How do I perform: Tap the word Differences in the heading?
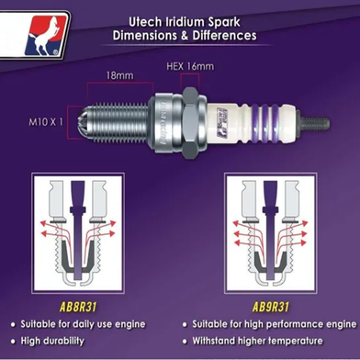(224, 36)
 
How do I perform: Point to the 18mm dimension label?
(119, 75)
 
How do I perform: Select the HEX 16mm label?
(190, 66)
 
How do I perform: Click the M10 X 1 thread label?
(46, 122)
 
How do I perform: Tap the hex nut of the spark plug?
(191, 122)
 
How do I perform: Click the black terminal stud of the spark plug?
(313, 123)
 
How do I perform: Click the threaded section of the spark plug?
(118, 123)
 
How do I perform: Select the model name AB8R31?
(78, 307)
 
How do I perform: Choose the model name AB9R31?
(271, 307)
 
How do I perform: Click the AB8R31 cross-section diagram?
(78, 233)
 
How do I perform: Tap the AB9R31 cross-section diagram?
(270, 233)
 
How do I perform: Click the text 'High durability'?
(52, 341)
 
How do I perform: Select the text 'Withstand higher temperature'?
(257, 341)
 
